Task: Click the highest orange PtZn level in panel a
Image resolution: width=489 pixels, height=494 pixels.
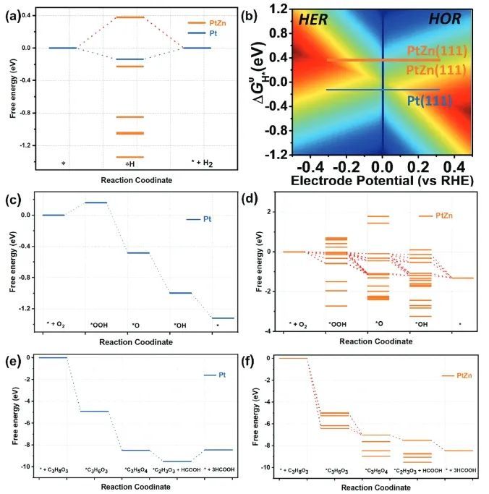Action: point(130,17)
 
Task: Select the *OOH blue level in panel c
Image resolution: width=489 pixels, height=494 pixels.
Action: point(96,203)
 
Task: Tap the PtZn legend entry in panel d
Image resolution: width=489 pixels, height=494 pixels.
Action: point(443,216)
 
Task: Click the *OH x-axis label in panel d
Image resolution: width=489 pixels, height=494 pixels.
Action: point(417,323)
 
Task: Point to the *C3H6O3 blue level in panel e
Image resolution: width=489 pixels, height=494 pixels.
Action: point(94,411)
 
